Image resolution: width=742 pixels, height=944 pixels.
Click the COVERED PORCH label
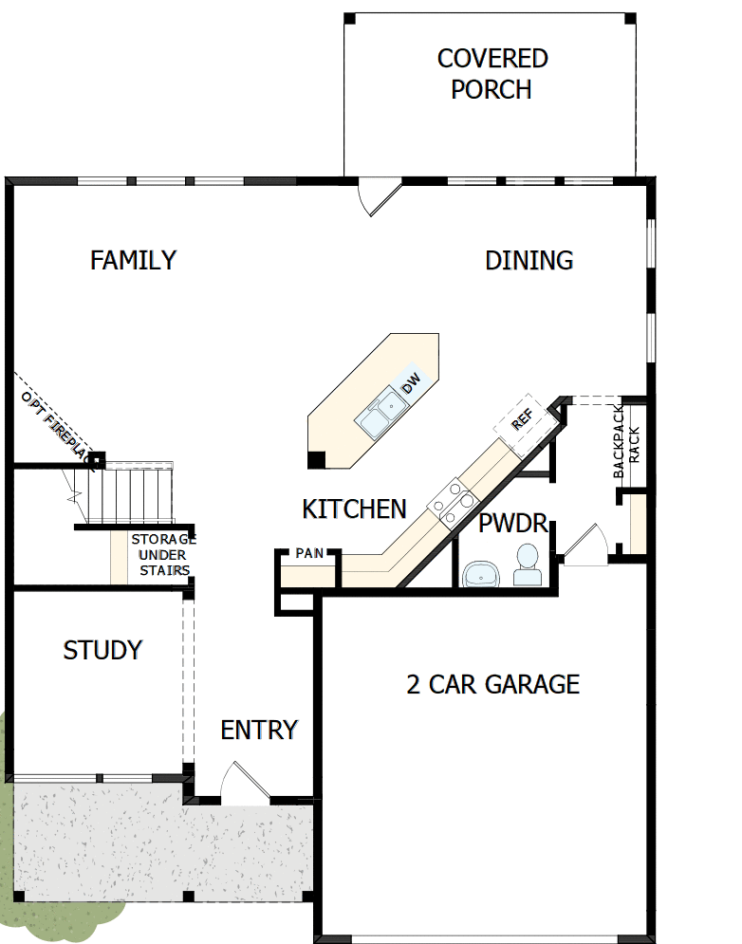(492, 74)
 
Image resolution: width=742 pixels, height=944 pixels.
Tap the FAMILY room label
(133, 261)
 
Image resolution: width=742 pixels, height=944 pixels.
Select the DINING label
(529, 261)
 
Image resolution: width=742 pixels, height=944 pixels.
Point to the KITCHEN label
(354, 509)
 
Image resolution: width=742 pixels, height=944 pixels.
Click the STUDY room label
(103, 650)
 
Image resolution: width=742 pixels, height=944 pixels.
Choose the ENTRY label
(260, 731)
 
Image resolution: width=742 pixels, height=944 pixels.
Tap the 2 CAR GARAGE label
(492, 685)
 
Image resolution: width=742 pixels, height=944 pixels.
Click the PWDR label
(513, 523)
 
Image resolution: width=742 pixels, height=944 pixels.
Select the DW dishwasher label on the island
(412, 383)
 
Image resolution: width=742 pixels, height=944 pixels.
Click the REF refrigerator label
(522, 419)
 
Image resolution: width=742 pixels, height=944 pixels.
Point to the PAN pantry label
(309, 553)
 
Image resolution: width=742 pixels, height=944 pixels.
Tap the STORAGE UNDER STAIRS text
(163, 554)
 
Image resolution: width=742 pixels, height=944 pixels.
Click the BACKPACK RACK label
(626, 442)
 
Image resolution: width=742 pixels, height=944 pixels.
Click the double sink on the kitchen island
(380, 412)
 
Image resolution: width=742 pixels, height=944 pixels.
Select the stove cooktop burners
(454, 502)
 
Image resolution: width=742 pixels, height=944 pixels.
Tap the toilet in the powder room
(527, 565)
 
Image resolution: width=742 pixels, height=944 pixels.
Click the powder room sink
(481, 574)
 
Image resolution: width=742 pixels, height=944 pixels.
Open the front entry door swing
(245, 783)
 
